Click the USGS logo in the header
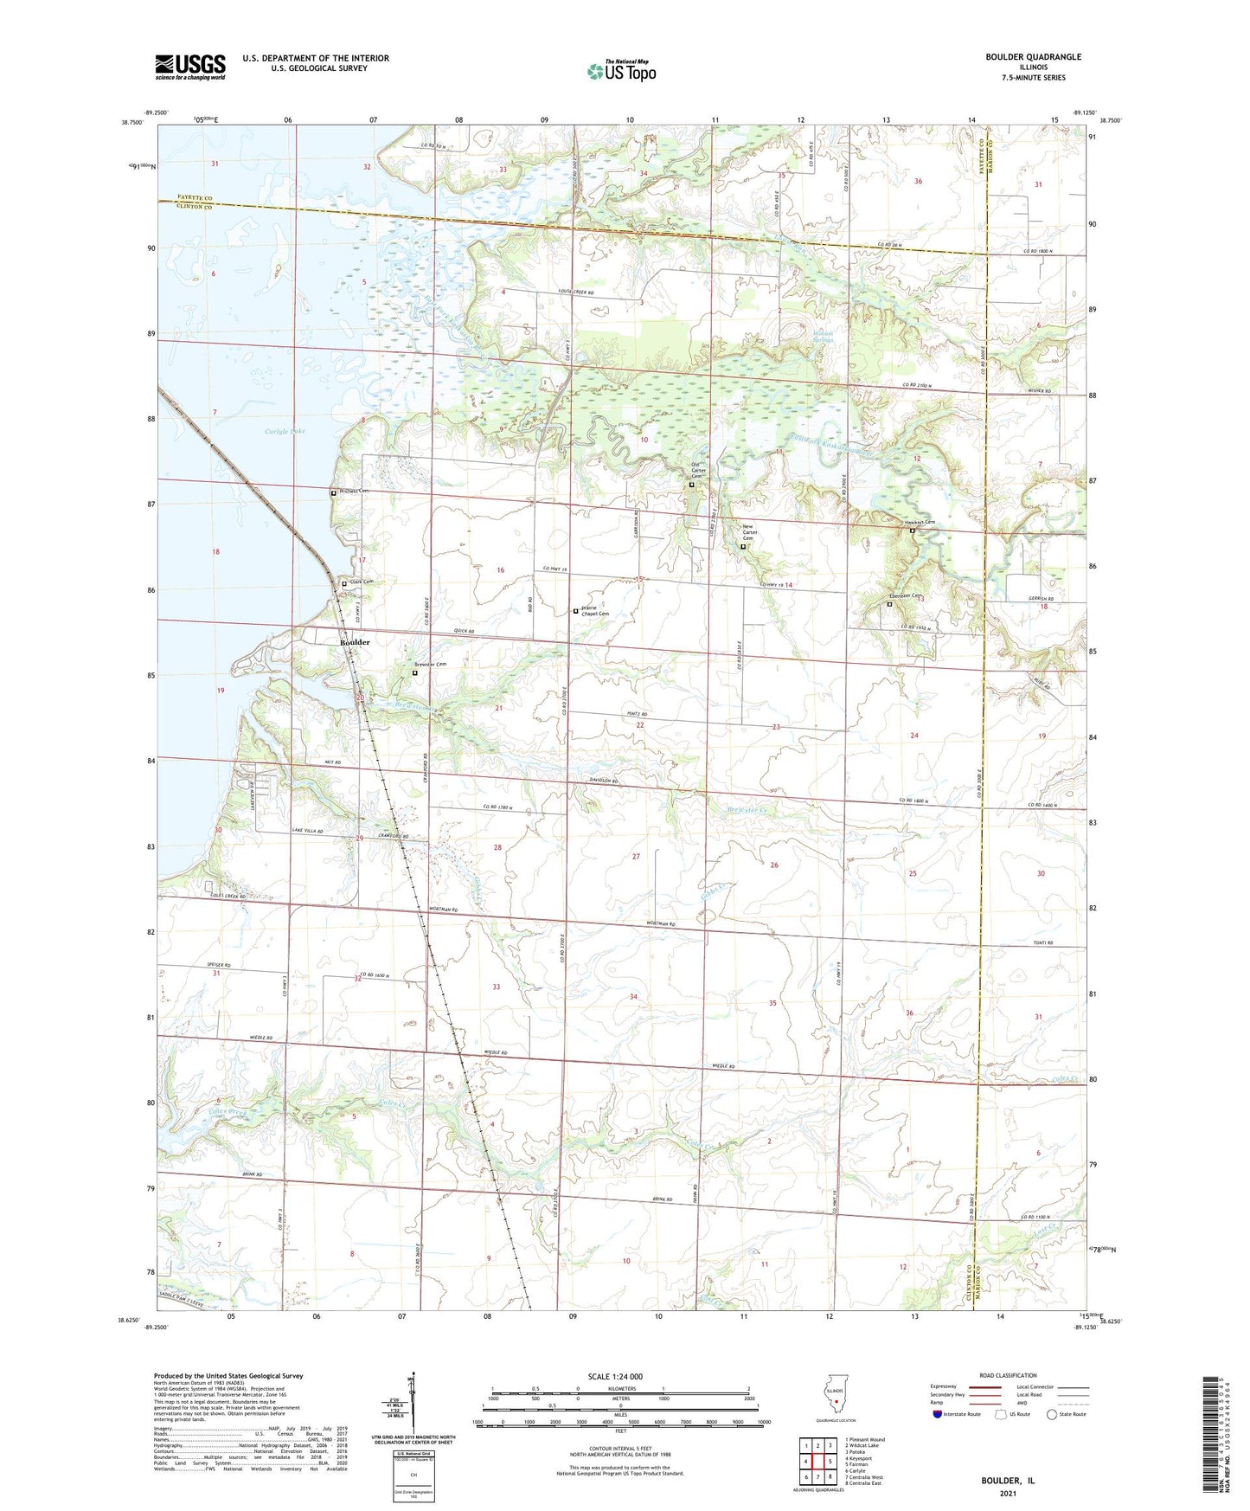[190, 66]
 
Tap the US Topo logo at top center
[621, 71]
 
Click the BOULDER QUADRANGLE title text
[1033, 57]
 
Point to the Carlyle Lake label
[285, 430]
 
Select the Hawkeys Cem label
[919, 522]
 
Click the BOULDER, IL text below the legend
[1007, 1481]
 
